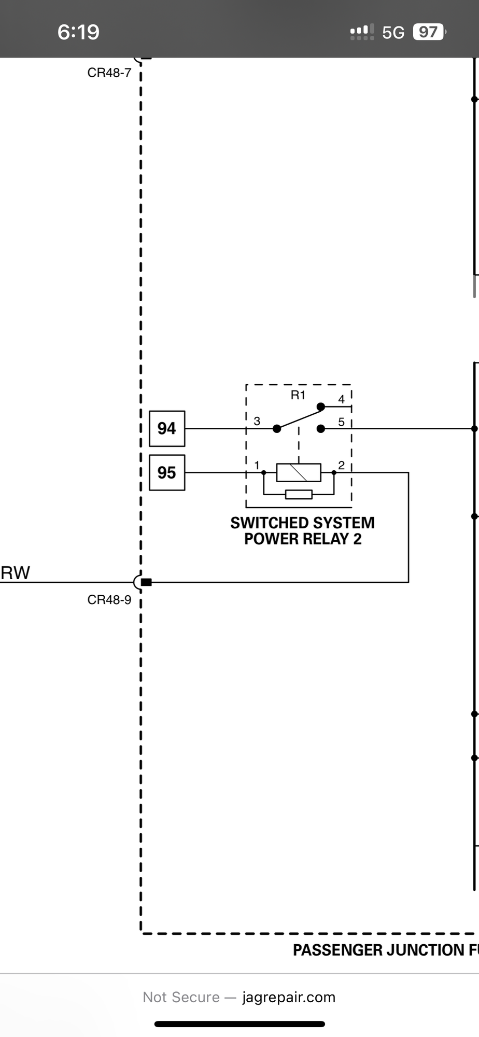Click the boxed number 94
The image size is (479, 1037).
click(x=167, y=429)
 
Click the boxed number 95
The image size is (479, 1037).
click(x=167, y=473)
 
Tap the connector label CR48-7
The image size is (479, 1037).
click(x=109, y=73)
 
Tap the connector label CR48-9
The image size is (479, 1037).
click(x=109, y=600)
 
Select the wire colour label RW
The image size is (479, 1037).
click(x=16, y=573)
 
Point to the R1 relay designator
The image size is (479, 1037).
click(x=298, y=396)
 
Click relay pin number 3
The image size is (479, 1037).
click(x=257, y=421)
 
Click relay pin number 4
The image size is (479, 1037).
click(x=341, y=399)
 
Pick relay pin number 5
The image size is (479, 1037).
click(x=341, y=422)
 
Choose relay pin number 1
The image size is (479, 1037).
click(x=257, y=465)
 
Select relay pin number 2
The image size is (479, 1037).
click(x=341, y=465)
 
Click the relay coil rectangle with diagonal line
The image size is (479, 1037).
click(x=299, y=473)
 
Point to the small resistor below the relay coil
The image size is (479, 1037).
click(x=299, y=494)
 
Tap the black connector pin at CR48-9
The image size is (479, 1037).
click(x=146, y=582)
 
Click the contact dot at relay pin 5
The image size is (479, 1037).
click(x=321, y=429)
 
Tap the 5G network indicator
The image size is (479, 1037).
click(x=393, y=33)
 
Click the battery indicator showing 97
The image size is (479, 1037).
click(x=428, y=32)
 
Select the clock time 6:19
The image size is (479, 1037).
click(x=78, y=32)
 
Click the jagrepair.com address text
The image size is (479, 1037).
click(x=289, y=997)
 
